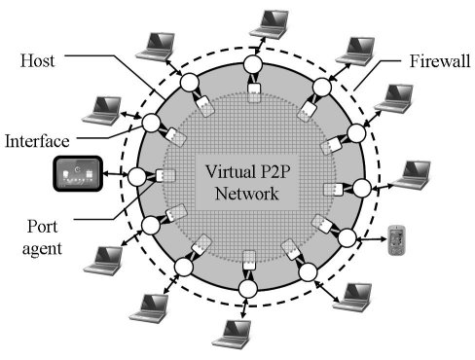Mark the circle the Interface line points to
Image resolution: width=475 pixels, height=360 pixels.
pos(151,125)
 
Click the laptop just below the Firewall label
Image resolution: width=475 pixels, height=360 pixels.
pos(395,97)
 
